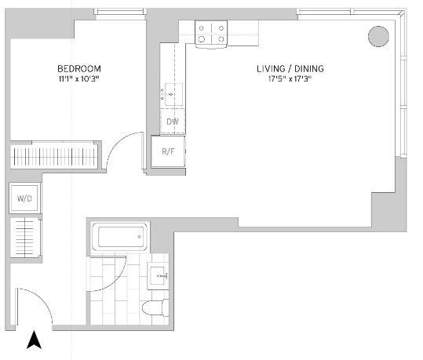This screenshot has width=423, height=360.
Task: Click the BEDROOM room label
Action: tap(79, 69)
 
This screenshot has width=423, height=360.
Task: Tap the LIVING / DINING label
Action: tap(290, 69)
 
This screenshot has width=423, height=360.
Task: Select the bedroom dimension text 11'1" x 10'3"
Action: tap(79, 79)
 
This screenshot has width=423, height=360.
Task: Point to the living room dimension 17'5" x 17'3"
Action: tap(290, 79)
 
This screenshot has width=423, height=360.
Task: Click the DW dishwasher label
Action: tap(173, 122)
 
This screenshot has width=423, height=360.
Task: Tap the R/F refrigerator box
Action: tap(168, 151)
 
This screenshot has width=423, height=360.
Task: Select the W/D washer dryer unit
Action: tap(24, 198)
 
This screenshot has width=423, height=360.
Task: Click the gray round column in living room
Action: tap(378, 36)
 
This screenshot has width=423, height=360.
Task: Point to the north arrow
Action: tap(34, 340)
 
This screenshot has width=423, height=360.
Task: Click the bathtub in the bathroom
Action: tap(120, 237)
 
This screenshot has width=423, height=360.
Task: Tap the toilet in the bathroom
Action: tap(155, 307)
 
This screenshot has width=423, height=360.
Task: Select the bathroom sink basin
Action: tap(158, 276)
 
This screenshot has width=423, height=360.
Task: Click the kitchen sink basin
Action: tap(173, 94)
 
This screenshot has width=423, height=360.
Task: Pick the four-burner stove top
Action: tap(211, 34)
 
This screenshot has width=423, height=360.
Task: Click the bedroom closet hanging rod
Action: tap(54, 157)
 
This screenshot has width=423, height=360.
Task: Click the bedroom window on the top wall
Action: tap(120, 11)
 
